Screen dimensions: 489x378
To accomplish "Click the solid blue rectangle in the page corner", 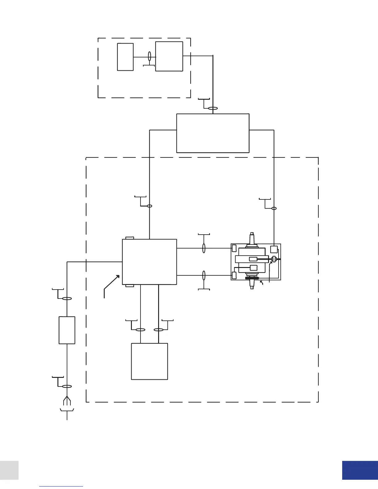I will coord(360,470).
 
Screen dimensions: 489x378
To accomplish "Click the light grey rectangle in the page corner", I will coord(9,470).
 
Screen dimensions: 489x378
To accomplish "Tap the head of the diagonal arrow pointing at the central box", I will coord(118,277).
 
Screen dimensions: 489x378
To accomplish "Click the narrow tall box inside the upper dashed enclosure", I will coord(125,57).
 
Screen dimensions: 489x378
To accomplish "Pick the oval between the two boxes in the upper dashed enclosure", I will coord(149,56).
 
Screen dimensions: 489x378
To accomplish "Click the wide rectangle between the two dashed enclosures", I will coord(213,133).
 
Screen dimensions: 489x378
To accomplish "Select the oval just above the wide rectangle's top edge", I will coord(213,108).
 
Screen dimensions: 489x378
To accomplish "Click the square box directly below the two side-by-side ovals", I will coord(149,361).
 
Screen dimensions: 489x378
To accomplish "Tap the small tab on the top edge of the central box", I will coord(130,238).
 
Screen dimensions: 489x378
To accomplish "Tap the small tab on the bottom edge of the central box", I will coord(130,286).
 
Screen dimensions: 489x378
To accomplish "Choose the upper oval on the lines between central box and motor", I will coord(204,248).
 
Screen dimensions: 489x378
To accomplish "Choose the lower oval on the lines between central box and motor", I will coord(204,275).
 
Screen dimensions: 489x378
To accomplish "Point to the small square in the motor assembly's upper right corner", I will coord(274,249).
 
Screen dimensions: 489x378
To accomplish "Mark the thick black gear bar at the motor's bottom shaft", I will coord(252,278).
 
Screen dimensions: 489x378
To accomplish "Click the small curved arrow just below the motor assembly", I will coord(262,282).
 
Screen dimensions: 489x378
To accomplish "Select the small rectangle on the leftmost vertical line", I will coord(67,330).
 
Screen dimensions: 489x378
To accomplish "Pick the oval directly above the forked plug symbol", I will coord(67,386).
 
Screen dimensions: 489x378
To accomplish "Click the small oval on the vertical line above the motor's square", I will coord(274,208).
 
